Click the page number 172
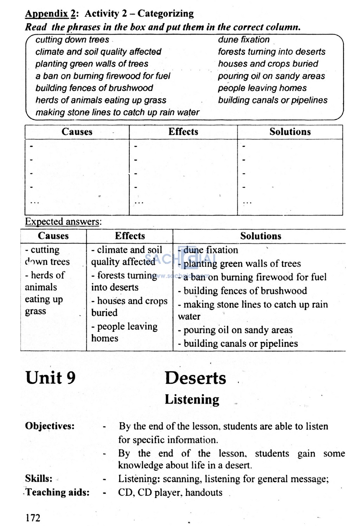[33, 518]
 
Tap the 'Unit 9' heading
[50, 378]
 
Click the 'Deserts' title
[195, 378]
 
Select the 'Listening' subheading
[192, 400]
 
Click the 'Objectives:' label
[50, 426]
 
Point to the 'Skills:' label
[39, 479]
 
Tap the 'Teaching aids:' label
[58, 492]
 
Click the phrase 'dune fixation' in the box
[244, 40]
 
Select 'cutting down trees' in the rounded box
[72, 40]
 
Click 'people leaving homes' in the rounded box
[262, 88]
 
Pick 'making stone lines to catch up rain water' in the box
[117, 112]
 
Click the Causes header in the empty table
[77, 132]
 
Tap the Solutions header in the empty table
[290, 132]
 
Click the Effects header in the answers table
[130, 236]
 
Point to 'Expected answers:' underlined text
[63, 222]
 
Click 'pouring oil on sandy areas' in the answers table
[238, 330]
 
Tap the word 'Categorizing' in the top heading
[165, 14]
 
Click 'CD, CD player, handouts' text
[170, 492]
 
